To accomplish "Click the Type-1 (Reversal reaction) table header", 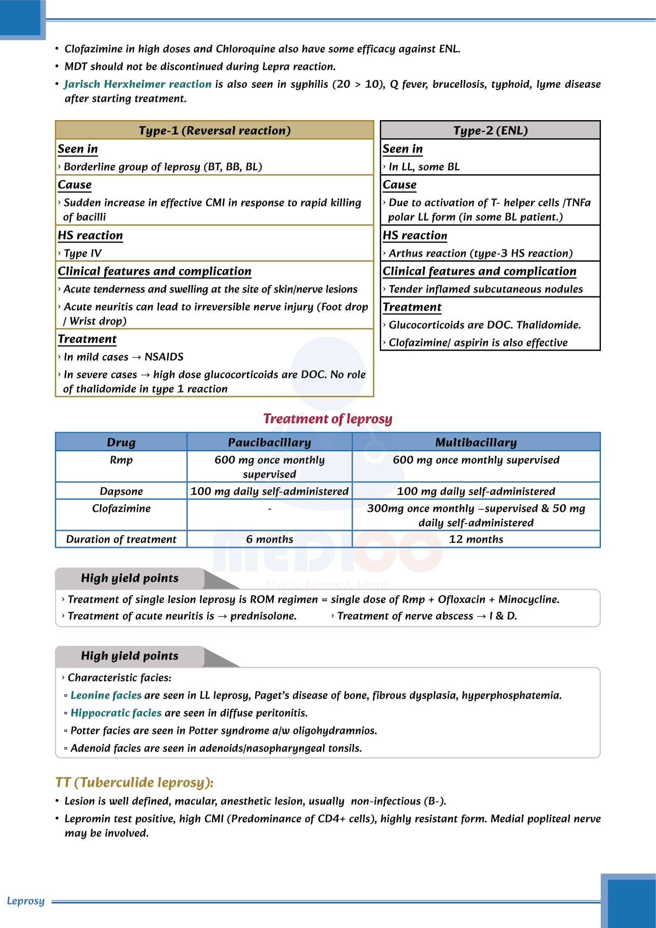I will pyautogui.click(x=214, y=131).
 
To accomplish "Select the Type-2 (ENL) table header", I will pyautogui.click(x=490, y=131).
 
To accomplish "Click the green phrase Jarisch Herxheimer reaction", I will pyautogui.click(x=138, y=84).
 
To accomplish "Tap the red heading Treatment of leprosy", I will pyautogui.click(x=328, y=419).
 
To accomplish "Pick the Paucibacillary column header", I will pyautogui.click(x=269, y=443).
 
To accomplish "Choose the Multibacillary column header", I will pyautogui.click(x=476, y=443).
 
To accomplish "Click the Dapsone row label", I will pyautogui.click(x=121, y=491).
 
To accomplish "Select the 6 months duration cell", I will pyautogui.click(x=269, y=539).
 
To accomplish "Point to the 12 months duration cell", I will pyautogui.click(x=476, y=539).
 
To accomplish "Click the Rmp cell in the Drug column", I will pyautogui.click(x=121, y=460).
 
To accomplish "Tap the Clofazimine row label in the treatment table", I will pyautogui.click(x=121, y=509).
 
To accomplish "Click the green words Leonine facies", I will pyautogui.click(x=106, y=695).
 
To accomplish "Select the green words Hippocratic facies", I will pyautogui.click(x=116, y=713).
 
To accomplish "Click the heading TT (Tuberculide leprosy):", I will pyautogui.click(x=134, y=783).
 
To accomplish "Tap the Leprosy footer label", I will pyautogui.click(x=25, y=901).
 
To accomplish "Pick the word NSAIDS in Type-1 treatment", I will pyautogui.click(x=164, y=357).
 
